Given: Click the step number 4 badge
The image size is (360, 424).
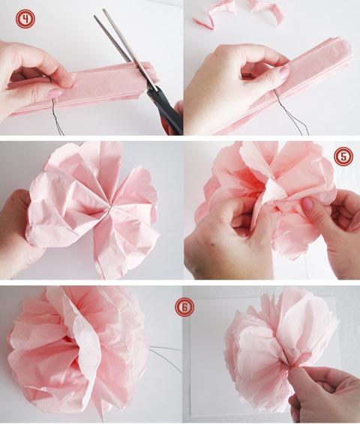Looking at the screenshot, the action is (x=25, y=19).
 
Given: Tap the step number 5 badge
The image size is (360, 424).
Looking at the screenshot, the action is (x=343, y=157).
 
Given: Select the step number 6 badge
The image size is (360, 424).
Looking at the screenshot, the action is (x=184, y=307).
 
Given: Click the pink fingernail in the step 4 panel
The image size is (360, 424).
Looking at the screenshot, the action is (x=55, y=94).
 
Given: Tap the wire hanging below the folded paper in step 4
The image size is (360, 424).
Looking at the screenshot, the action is (x=57, y=116).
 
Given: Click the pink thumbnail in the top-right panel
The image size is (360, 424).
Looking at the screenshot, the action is (x=283, y=72).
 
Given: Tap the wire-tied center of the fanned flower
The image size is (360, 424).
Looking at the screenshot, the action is (x=109, y=208).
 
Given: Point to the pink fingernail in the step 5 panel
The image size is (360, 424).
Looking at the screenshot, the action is (x=307, y=203).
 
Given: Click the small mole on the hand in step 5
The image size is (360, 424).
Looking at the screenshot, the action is (x=213, y=245).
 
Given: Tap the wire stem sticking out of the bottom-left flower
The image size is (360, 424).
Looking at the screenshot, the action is (x=165, y=357).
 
